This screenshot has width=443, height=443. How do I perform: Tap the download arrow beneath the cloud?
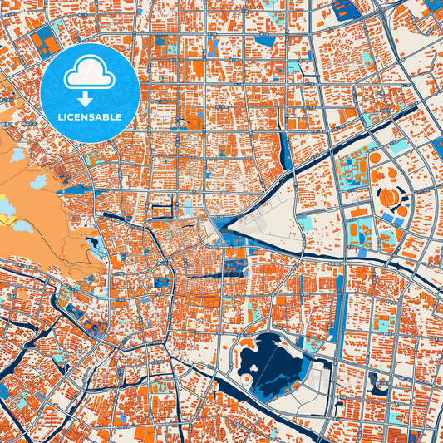coord(89,98)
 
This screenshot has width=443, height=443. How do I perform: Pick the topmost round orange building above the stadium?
coord(375,157)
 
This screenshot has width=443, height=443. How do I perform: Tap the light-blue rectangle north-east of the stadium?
coord(400,147)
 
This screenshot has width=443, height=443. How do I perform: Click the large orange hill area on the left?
coord(42,208)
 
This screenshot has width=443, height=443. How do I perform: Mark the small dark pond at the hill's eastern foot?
coord(92,244)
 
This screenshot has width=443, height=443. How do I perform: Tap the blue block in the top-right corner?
coord(433,8)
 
